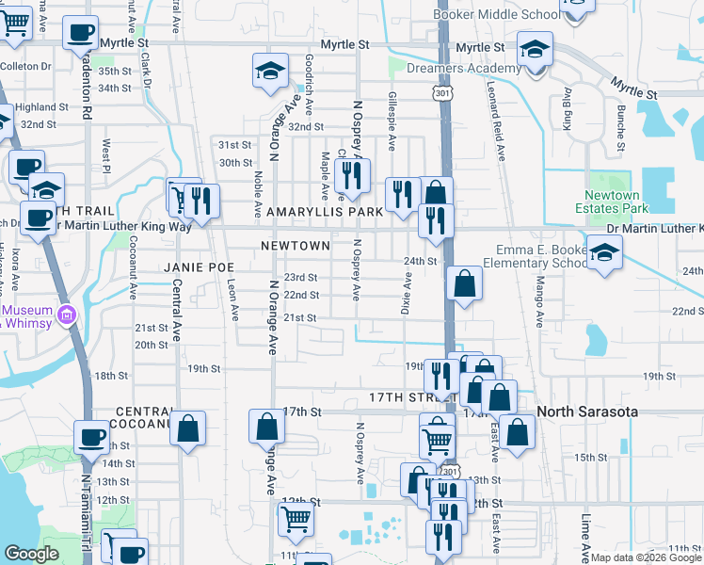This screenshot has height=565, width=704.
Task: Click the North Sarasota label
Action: pos(588,412)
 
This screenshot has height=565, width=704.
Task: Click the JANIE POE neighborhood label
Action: pos(198,267)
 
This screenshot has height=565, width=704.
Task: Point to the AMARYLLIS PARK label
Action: pos(325,212)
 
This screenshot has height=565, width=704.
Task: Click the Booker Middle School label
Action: pos(495,14)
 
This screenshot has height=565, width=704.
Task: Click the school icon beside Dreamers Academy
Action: pos(535,49)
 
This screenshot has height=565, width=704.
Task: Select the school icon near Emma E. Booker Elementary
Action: pos(603,252)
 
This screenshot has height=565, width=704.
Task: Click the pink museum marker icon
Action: pos(66,315)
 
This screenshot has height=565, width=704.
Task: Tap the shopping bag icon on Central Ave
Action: pos(188,428)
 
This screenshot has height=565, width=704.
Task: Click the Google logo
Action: pos(31,554)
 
